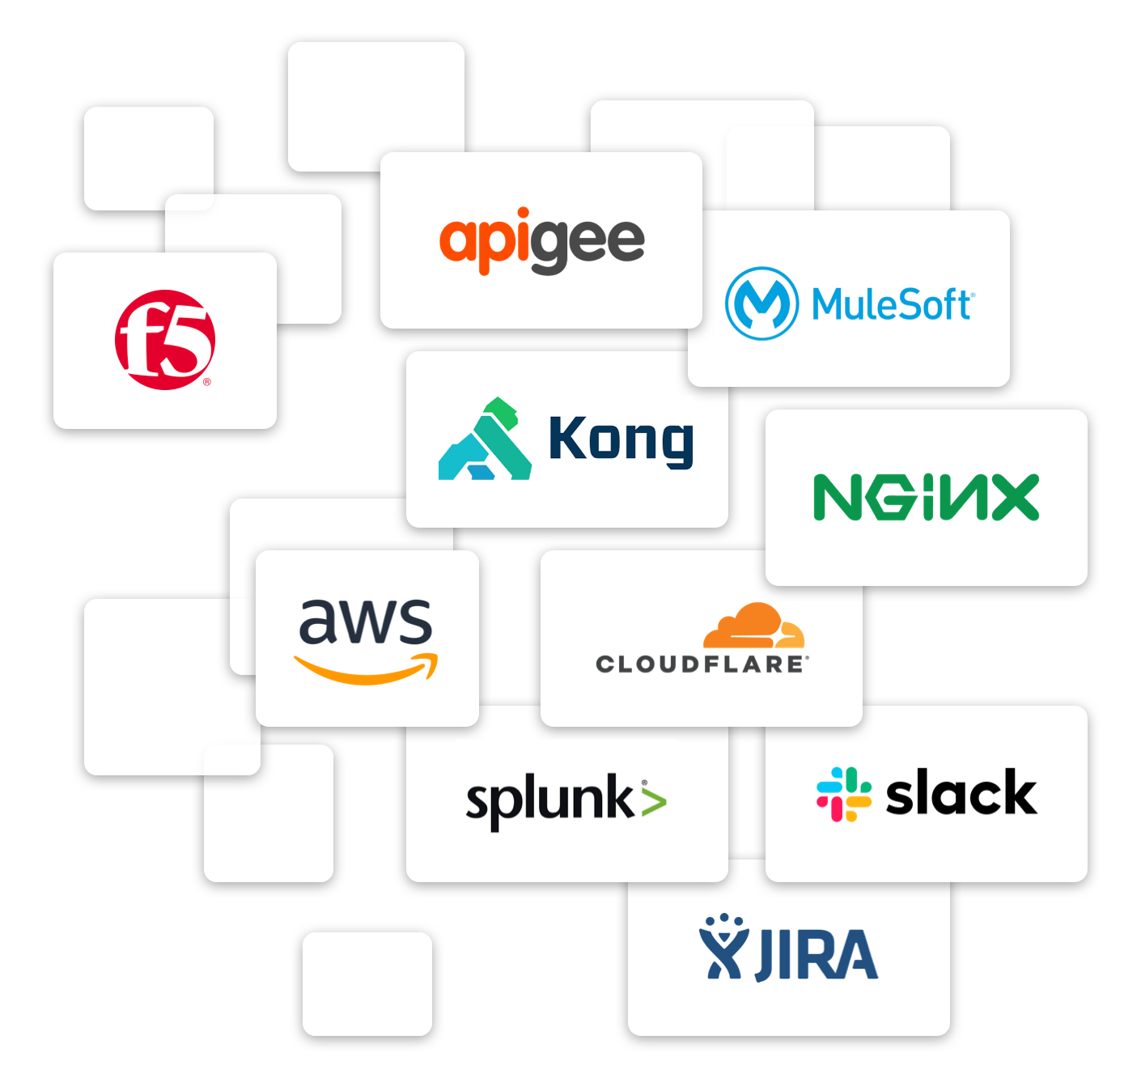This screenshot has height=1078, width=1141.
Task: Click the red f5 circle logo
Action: point(165,339)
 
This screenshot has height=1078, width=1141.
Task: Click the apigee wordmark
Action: point(541,240)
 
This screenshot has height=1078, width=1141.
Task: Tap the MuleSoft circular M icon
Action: point(761,303)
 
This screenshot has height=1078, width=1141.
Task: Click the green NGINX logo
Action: point(926,497)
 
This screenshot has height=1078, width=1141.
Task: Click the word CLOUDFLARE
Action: point(701,664)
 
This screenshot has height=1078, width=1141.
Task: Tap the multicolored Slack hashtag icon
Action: point(844,794)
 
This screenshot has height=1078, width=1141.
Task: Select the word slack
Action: point(961,794)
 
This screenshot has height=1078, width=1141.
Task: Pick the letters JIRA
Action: point(817,955)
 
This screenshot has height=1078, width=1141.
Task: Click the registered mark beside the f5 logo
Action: point(207,382)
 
